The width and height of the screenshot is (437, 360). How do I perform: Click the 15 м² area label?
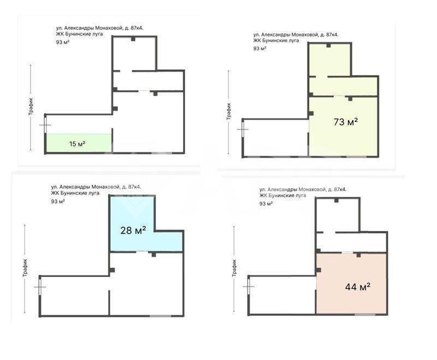(x=77, y=144)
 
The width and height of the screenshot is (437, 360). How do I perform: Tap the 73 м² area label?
(x=346, y=122)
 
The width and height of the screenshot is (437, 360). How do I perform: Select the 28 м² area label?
(x=133, y=230)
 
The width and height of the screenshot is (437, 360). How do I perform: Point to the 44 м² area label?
(x=358, y=287)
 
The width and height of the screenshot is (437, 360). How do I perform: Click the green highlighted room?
(x=79, y=143)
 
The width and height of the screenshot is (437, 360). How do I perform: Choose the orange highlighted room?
(x=351, y=284)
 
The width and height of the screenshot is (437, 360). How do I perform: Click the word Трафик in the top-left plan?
(x=31, y=106)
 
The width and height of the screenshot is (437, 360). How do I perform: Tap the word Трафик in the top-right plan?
(x=228, y=111)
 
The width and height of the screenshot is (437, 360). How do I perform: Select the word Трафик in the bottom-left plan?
(x=25, y=268)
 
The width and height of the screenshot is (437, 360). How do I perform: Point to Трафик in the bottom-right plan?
(x=234, y=268)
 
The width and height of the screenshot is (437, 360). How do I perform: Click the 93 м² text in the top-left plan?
(x=63, y=43)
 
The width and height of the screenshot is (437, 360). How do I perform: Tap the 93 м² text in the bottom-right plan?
(x=266, y=203)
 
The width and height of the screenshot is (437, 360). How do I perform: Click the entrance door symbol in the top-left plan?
(x=45, y=125)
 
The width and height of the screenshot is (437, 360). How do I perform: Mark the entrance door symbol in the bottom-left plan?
(x=40, y=287)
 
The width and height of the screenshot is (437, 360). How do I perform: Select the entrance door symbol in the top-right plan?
(x=243, y=129)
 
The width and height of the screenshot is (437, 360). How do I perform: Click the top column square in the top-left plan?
(x=133, y=39)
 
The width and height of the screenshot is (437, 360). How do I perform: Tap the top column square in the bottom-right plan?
(x=336, y=200)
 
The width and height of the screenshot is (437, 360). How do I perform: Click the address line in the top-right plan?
(x=296, y=35)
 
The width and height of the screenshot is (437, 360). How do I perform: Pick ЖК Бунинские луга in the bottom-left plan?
(x=75, y=193)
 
